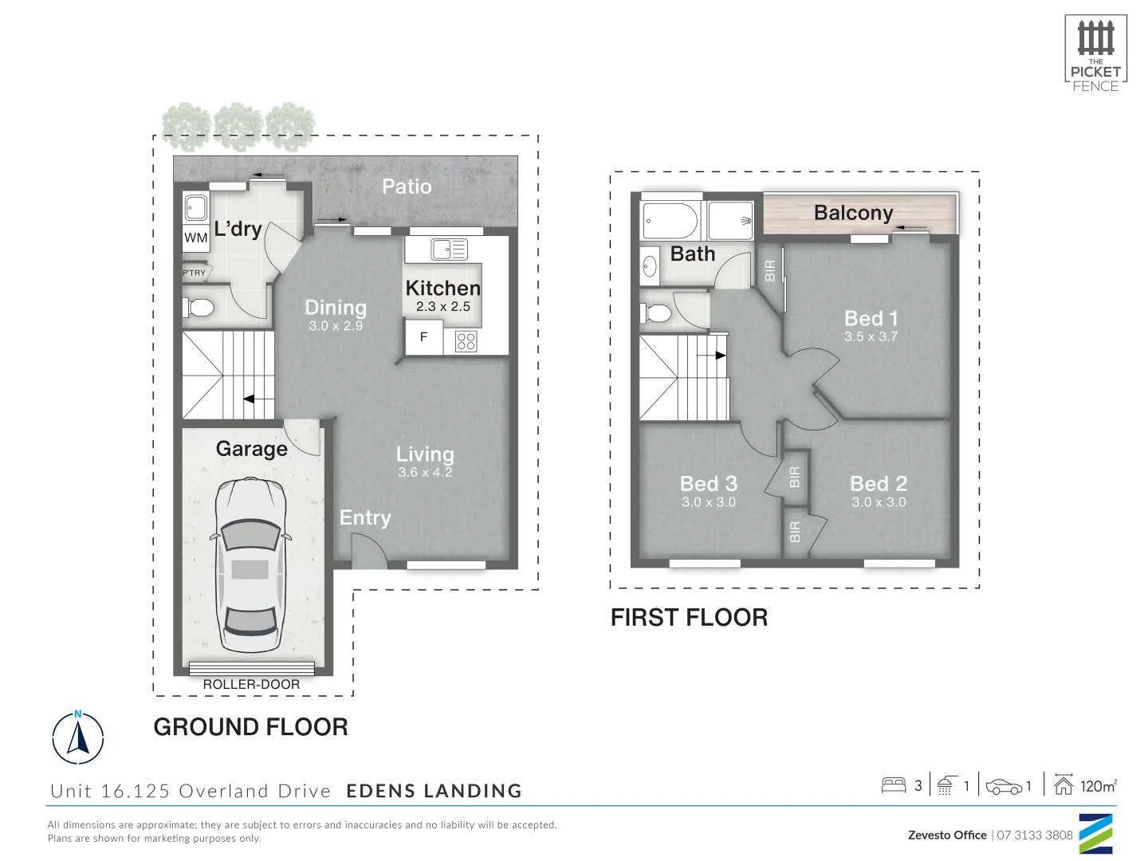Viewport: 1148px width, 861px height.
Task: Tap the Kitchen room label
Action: [x=442, y=288]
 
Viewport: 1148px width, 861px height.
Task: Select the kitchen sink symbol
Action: [x=449, y=250]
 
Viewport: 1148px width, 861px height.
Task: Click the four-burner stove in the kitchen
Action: [x=466, y=342]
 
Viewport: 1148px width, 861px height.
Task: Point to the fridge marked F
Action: [x=423, y=337]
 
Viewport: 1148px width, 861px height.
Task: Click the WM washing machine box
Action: [x=196, y=238]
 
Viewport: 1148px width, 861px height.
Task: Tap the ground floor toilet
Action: [x=199, y=307]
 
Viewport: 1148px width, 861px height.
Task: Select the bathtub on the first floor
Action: [x=670, y=221]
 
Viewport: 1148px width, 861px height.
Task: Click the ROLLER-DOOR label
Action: [x=251, y=684]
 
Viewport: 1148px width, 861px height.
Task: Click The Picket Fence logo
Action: [x=1095, y=53]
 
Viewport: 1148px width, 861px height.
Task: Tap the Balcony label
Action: [x=853, y=213]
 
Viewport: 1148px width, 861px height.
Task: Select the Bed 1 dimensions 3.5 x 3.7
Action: [x=871, y=336]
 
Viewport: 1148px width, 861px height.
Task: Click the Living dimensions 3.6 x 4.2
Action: [x=425, y=472]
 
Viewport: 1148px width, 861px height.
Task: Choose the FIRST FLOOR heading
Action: [x=689, y=617]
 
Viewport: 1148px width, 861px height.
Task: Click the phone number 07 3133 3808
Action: [x=1035, y=835]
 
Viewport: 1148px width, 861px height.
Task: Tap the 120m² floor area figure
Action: [x=1098, y=786]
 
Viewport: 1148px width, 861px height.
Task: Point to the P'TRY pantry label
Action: [x=194, y=273]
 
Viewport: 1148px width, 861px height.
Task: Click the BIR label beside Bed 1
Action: [x=770, y=270]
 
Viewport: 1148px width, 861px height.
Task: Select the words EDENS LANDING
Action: [x=434, y=791]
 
